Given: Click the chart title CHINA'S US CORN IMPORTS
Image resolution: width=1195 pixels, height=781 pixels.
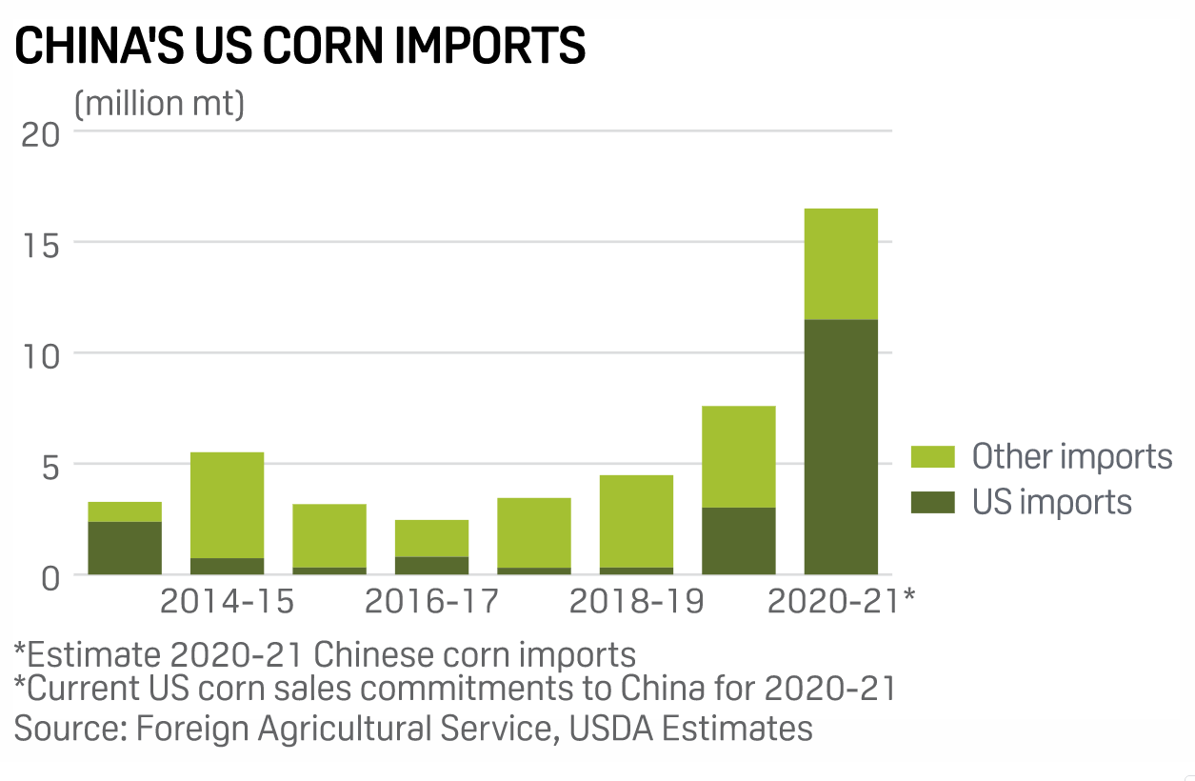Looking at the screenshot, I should coord(300,46).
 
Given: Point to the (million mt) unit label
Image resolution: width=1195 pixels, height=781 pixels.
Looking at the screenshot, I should coord(159,103).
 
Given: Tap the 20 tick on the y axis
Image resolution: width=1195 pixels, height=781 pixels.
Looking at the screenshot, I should coord(40,133).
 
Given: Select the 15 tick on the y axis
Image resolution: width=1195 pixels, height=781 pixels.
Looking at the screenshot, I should coord(40,244).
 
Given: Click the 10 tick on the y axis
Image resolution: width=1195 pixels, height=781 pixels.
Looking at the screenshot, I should coord(40,355).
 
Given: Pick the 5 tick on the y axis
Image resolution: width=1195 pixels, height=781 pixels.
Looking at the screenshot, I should coord(48,466).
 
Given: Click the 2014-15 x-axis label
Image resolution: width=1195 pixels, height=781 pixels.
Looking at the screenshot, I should coord(227,602).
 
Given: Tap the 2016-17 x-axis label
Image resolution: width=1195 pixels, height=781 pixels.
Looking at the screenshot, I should coord(431,602).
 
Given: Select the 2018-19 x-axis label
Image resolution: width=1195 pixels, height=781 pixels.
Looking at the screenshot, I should coord(636,602).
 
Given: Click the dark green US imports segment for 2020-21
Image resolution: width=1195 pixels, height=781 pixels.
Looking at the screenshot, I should coord(841,447).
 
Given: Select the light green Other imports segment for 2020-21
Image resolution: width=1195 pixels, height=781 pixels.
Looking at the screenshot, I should coord(841,264).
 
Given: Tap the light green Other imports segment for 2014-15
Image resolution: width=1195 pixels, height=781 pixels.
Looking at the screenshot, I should coord(227,505).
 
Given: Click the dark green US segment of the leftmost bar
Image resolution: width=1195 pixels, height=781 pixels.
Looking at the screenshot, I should coord(125,548).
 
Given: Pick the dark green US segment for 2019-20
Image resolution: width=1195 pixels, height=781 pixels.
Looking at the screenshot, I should coord(738,541).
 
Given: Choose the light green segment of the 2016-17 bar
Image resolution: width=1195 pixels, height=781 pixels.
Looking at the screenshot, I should coord(431,538).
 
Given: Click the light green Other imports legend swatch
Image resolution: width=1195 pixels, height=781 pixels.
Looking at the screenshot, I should coord(932,456).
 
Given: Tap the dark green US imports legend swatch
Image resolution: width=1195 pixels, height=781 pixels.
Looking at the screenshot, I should coord(932,502).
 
